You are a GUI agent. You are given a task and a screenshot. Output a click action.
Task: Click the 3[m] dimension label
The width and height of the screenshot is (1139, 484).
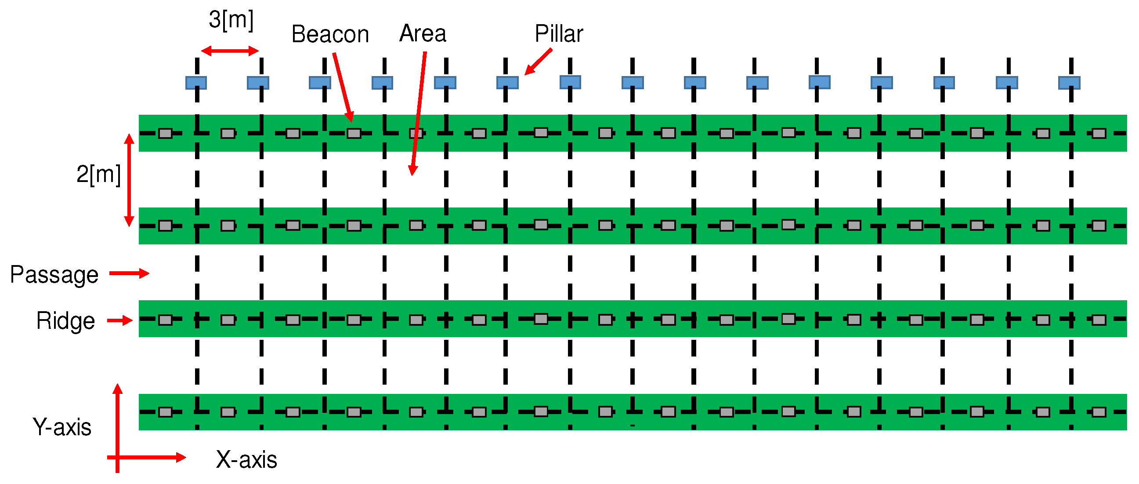(231, 20)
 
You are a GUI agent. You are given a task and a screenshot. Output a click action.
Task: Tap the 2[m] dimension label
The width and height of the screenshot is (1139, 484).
(98, 175)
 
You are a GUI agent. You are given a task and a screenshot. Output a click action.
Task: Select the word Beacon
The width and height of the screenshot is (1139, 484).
(330, 34)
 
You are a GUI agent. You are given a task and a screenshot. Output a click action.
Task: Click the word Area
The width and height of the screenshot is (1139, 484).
(423, 33)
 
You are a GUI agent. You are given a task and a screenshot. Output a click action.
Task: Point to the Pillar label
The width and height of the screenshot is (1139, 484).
(558, 33)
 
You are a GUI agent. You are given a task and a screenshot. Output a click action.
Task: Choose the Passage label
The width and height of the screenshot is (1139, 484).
(54, 275)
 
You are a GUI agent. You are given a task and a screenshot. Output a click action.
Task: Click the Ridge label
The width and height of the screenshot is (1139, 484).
(65, 321)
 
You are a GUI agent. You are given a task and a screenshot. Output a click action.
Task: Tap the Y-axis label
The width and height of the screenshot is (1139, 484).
(62, 427)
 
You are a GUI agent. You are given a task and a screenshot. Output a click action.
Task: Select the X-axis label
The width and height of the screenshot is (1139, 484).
(246, 460)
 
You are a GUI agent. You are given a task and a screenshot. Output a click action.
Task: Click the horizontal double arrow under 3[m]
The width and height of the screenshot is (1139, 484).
(229, 51)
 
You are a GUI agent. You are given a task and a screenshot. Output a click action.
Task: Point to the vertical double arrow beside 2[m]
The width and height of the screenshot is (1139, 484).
(129, 180)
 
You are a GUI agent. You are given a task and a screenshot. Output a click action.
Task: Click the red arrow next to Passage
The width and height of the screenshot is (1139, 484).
(129, 273)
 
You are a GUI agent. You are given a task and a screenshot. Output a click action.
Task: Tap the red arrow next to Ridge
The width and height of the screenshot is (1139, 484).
(120, 320)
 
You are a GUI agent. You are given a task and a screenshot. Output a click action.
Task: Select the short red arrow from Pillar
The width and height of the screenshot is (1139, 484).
(539, 62)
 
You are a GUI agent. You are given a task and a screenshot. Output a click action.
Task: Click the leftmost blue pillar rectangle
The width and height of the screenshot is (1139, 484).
(196, 83)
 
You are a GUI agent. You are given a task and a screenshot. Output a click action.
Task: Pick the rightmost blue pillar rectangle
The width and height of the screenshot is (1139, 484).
(1069, 83)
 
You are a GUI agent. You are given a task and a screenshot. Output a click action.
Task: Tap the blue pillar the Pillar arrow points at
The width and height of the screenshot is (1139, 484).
(507, 83)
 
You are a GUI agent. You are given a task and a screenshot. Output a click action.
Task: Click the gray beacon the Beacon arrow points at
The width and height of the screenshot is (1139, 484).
(354, 133)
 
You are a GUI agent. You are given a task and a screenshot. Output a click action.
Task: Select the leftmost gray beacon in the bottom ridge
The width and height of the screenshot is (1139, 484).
(165, 412)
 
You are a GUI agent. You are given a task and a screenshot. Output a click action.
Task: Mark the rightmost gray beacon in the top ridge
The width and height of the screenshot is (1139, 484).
(1099, 133)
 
